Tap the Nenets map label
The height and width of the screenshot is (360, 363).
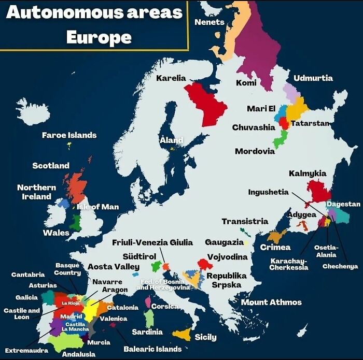coord(209,22)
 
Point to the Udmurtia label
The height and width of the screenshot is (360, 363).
coord(313,78)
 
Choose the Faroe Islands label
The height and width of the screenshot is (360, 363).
coord(69,135)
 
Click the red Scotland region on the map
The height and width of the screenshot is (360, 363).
coord(76,188)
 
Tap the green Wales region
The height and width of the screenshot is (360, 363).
coord(76,222)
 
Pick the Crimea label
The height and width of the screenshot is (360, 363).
coord(275,247)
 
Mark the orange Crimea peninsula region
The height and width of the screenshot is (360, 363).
coord(276,236)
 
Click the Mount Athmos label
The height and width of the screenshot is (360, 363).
coord(271,302)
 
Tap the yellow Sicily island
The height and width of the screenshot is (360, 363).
coord(183,335)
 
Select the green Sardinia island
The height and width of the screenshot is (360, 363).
coord(149,318)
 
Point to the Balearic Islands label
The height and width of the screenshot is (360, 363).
coord(152,349)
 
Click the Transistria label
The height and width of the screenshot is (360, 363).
coord(245,221)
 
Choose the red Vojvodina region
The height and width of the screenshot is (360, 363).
coord(205,264)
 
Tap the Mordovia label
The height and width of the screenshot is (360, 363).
coord(255,151)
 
